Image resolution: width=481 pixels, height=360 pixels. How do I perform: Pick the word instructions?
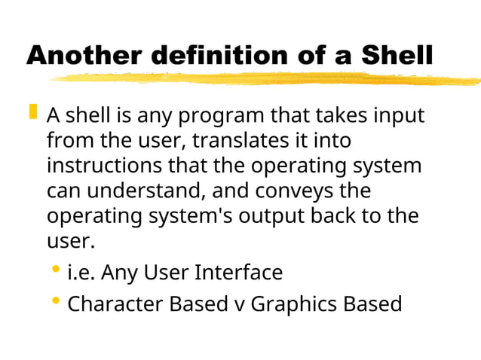click(x=100, y=166)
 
